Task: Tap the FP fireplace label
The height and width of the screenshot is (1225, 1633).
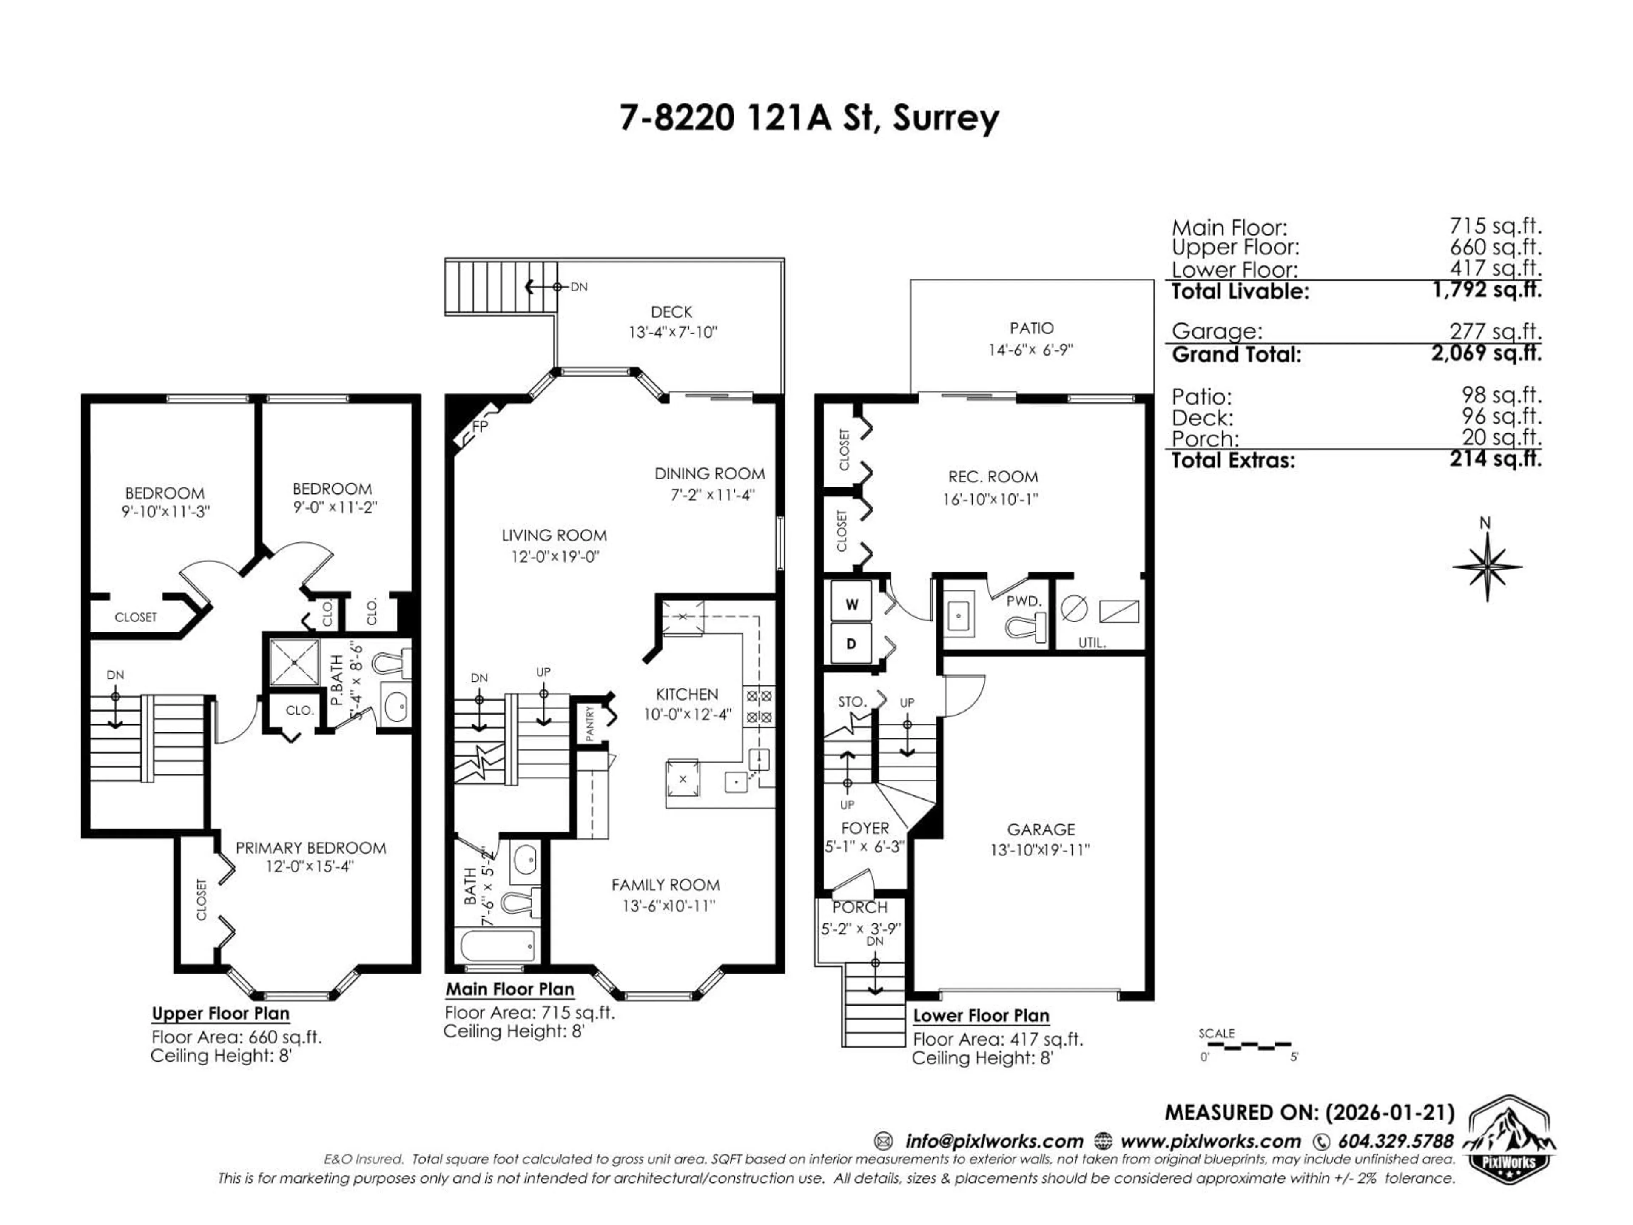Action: [x=480, y=427]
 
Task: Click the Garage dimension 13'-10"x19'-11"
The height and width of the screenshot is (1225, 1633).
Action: [x=1040, y=850]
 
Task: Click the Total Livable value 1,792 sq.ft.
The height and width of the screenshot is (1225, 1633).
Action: [x=1487, y=290]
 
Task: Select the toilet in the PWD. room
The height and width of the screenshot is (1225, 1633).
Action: [x=1026, y=628]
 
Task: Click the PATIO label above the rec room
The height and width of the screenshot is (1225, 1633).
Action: [x=1031, y=328]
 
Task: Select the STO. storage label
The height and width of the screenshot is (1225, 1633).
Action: [x=852, y=701]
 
